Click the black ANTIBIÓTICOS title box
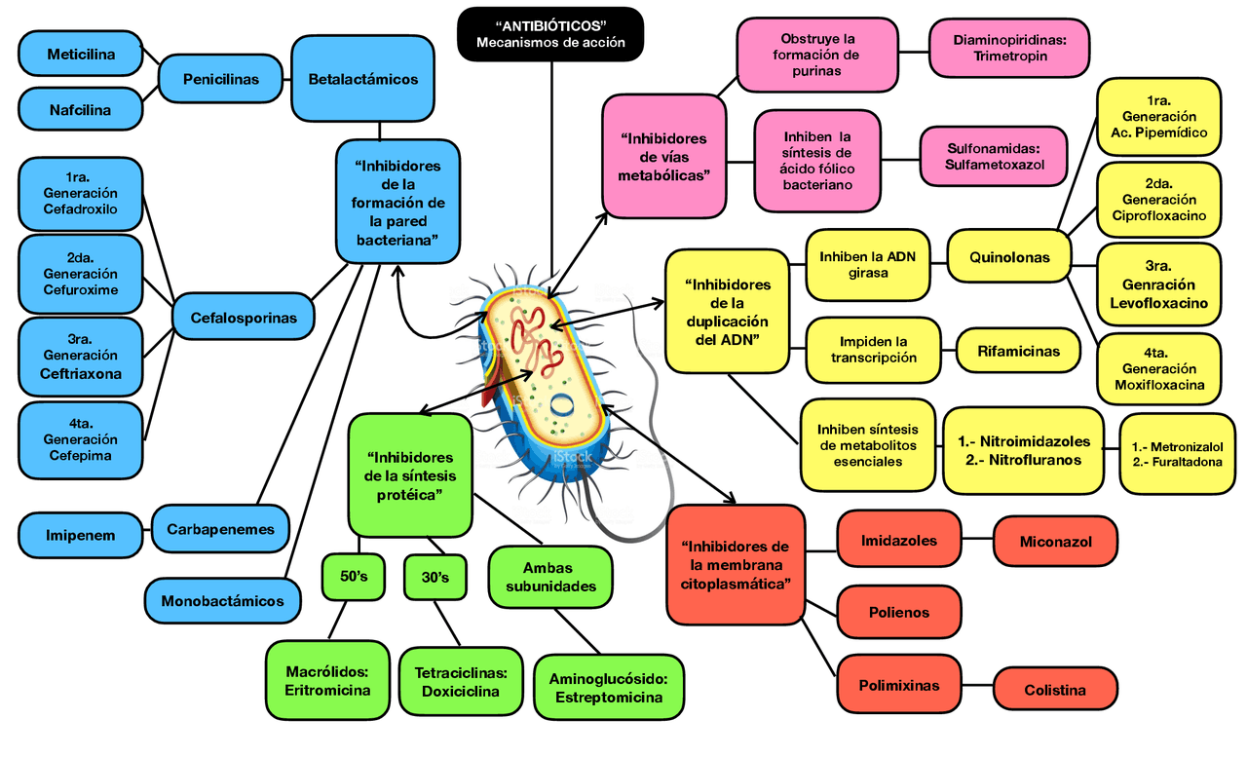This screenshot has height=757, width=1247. [550, 33]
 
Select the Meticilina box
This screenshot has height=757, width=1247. [81, 55]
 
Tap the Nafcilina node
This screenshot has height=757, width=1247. [81, 110]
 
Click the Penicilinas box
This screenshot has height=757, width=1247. [221, 79]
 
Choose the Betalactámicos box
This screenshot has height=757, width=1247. [362, 79]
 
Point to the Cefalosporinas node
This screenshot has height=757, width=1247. [244, 318]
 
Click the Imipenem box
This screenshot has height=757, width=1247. [81, 535]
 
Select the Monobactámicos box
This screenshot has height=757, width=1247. [223, 600]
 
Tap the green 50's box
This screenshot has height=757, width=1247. [354, 577]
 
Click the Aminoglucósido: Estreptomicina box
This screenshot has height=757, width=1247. [608, 688]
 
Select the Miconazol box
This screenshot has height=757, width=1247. [1055, 542]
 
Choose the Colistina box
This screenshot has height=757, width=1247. [1055, 690]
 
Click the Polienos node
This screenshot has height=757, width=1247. [899, 613]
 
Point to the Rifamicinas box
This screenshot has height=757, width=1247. [1019, 351]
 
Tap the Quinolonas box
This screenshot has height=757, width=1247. [1009, 257]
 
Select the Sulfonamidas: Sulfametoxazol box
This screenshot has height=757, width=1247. [994, 156]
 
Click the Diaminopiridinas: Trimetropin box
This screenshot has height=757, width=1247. [1008, 48]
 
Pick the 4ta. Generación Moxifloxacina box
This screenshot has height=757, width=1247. [1158, 369]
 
